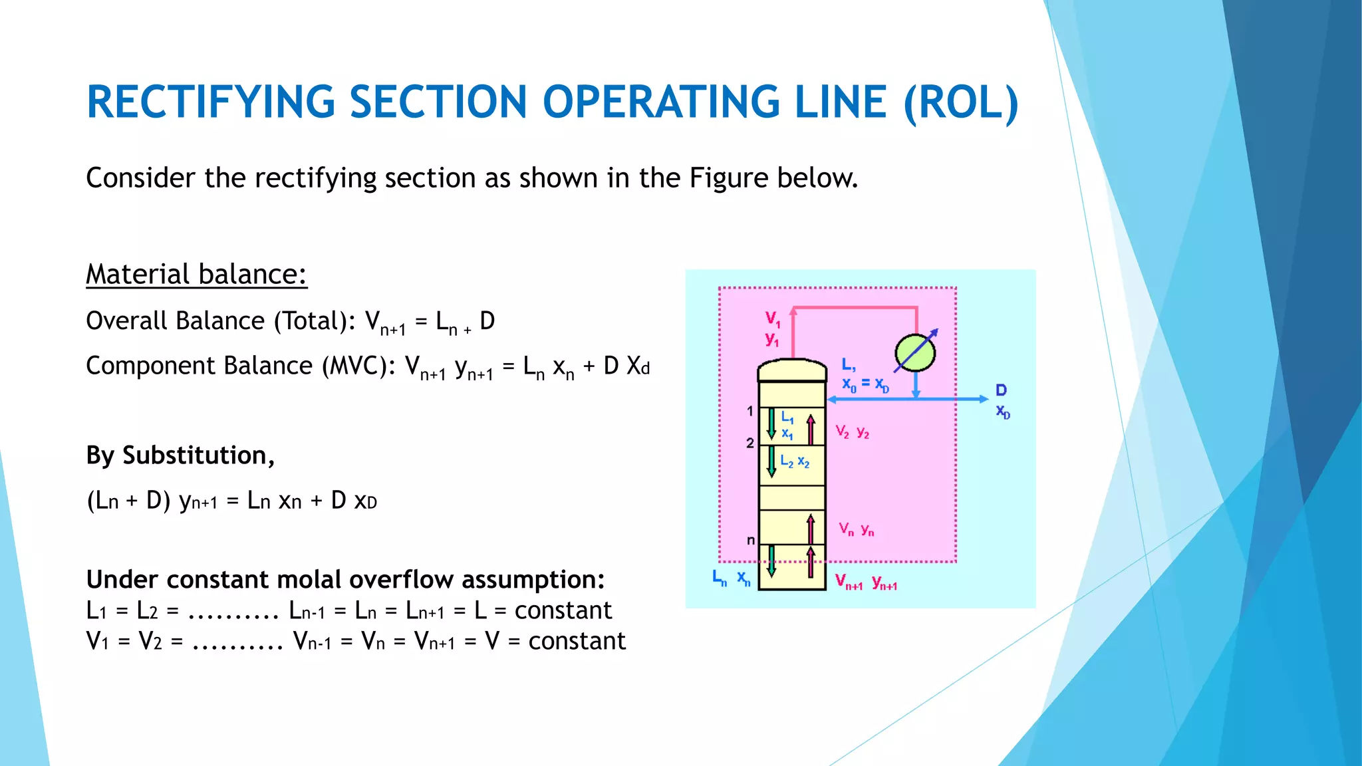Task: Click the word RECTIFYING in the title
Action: (x=210, y=102)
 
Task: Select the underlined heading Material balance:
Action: (x=196, y=274)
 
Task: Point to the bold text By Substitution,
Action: (x=180, y=455)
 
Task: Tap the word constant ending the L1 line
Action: (x=563, y=610)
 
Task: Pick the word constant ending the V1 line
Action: (x=577, y=641)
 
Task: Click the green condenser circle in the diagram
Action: (x=915, y=352)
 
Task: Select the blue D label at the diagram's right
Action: (x=1001, y=390)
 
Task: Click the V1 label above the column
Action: (x=772, y=318)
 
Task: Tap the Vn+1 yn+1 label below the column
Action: (x=866, y=583)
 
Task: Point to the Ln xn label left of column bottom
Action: (x=731, y=577)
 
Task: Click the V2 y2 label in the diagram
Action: (x=853, y=432)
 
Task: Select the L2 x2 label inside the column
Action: (x=795, y=461)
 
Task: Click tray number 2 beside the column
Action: (x=749, y=443)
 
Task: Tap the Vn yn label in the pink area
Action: (x=856, y=529)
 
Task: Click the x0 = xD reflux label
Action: (x=865, y=384)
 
